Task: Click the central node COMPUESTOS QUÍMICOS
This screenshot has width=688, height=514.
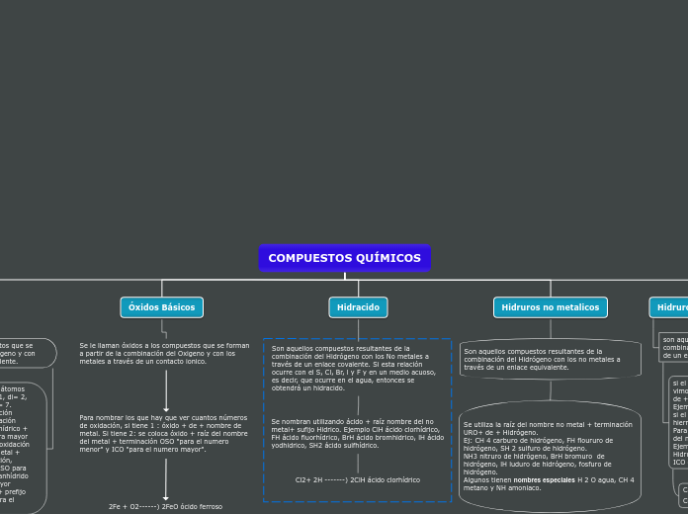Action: pyautogui.click(x=344, y=258)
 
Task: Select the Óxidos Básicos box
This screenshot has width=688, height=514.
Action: pyautogui.click(x=161, y=307)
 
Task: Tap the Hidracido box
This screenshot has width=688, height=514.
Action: pyautogui.click(x=358, y=307)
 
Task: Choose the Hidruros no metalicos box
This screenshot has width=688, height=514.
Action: pyautogui.click(x=550, y=307)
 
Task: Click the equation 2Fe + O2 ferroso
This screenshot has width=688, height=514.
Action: pyautogui.click(x=165, y=506)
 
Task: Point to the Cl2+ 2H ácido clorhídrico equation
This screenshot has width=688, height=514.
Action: pyautogui.click(x=357, y=479)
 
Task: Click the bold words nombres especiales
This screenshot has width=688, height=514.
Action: pyautogui.click(x=541, y=479)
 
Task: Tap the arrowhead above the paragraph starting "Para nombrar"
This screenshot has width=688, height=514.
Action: pyautogui.click(x=166, y=407)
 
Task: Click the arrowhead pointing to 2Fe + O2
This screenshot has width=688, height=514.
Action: pyautogui.click(x=166, y=497)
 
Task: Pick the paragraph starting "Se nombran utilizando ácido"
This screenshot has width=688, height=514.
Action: pyautogui.click(x=357, y=433)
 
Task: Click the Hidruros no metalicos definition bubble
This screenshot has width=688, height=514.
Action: pyautogui.click(x=550, y=359)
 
